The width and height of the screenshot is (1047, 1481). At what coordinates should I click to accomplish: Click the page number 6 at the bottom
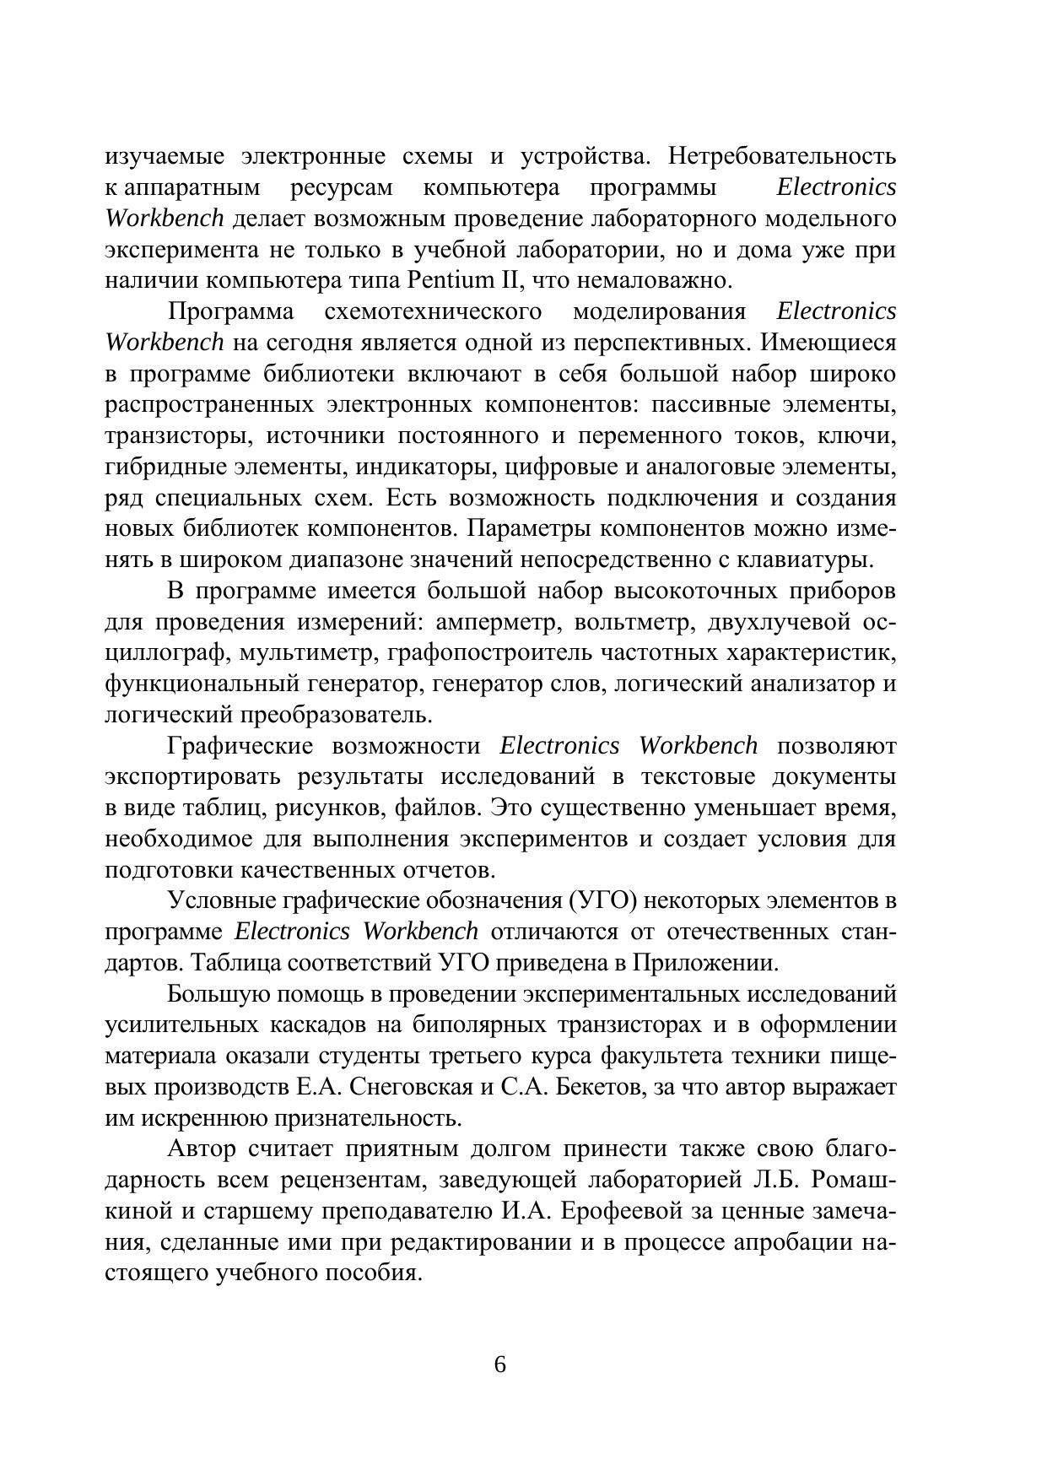click(499, 1365)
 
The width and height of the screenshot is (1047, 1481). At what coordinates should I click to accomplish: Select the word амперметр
click(488, 623)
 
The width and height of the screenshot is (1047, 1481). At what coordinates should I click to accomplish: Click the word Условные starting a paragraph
click(219, 901)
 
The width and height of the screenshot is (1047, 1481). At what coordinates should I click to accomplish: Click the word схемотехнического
click(433, 311)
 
